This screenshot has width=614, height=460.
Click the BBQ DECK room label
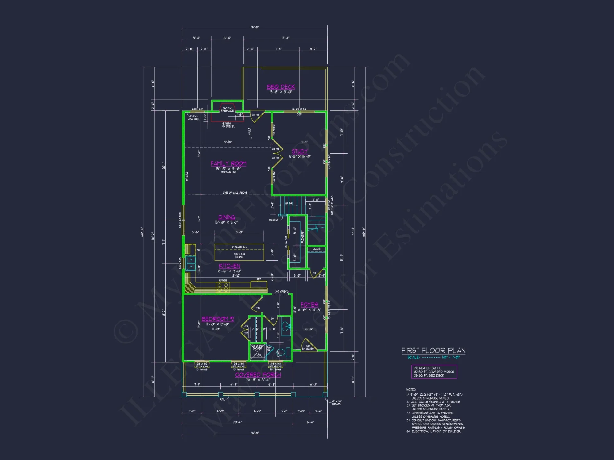[x=281, y=87]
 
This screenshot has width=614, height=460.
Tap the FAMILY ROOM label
[x=228, y=163]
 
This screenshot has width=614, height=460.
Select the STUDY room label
[x=300, y=151]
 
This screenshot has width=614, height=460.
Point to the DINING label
[x=227, y=217]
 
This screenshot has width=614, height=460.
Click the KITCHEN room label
[x=229, y=266]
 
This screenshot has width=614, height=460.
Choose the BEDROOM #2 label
[x=218, y=319]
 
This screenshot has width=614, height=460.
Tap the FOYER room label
[x=309, y=305]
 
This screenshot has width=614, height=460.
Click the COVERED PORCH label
[x=258, y=375]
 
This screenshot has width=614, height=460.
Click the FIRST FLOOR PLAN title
[x=433, y=351]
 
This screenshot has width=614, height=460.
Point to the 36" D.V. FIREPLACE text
[x=227, y=109]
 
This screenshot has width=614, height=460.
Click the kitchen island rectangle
[x=239, y=252]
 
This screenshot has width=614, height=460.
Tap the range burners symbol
[x=223, y=287]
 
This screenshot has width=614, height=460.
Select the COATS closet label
[x=317, y=249]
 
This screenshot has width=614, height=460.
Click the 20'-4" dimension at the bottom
[x=237, y=422]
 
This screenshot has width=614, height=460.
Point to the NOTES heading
[x=411, y=389]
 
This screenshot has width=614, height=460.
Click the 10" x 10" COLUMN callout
[x=336, y=402]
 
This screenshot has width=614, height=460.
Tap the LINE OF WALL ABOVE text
[x=235, y=193]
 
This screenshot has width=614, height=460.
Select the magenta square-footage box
[x=434, y=372]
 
